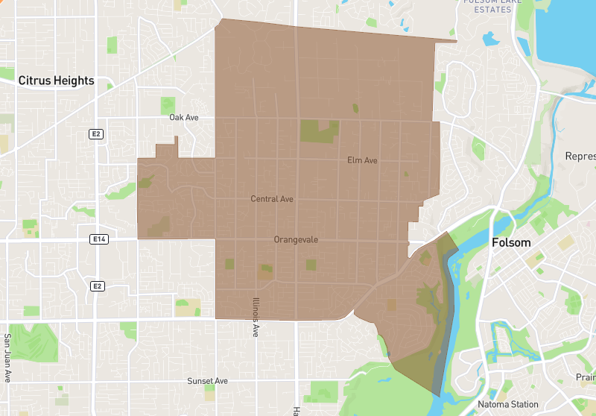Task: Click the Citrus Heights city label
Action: coord(56,81)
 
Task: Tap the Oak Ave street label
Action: coord(183,118)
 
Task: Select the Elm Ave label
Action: coord(363,160)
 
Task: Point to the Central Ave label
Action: coord(272,199)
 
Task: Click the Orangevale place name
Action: coord(296,240)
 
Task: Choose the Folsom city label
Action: coord(511,242)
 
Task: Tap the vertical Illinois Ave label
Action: coord(255,318)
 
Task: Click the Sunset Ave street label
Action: coord(207,381)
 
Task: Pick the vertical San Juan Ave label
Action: coord(8,358)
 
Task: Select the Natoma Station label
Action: coord(507,405)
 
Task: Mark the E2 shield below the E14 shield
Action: coord(96,286)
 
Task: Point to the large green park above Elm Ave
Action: coord(318,130)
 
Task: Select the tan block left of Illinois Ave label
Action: coord(188,306)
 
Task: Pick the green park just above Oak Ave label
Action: coord(168,105)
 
